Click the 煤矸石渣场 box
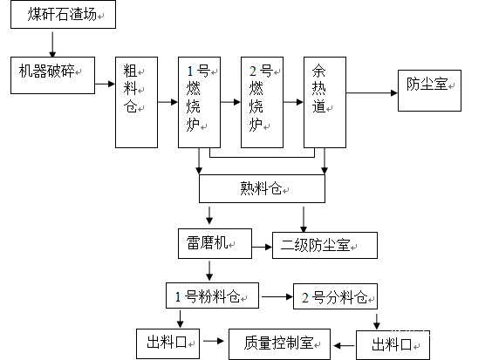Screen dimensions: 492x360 pyautogui.click(x=63, y=15)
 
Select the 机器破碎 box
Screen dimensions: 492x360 pyautogui.click(x=52, y=75)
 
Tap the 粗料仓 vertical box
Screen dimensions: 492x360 pyautogui.click(x=136, y=102)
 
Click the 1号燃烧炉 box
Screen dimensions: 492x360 pyautogui.click(x=199, y=102)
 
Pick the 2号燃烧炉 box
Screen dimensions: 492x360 pyautogui.click(x=262, y=102)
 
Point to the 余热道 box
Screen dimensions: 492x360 pyautogui.click(x=325, y=102)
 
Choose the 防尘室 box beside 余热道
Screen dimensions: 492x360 pyautogui.click(x=429, y=91)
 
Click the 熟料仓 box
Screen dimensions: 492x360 pyautogui.click(x=262, y=188)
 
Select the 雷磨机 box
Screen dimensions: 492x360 pyautogui.click(x=215, y=244)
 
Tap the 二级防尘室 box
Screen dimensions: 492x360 pyautogui.click(x=325, y=245)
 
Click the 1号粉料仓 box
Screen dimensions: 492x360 pyautogui.click(x=213, y=295)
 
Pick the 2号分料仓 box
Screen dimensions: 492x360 pyautogui.click(x=336, y=296)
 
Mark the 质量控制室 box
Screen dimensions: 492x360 pyautogui.click(x=279, y=344)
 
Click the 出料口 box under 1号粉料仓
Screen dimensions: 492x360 pyautogui.click(x=167, y=343)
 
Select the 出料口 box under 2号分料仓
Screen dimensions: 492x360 pyautogui.click(x=393, y=345)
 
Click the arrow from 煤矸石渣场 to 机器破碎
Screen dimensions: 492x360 pyautogui.click(x=52, y=44)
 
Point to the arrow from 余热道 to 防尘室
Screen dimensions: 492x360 pyautogui.click(x=372, y=92)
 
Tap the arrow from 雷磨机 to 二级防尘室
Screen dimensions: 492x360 pyautogui.click(x=262, y=247)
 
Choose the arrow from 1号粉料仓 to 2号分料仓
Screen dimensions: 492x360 pyautogui.click(x=277, y=296)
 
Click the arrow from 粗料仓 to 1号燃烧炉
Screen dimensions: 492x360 pyautogui.click(x=167, y=102)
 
